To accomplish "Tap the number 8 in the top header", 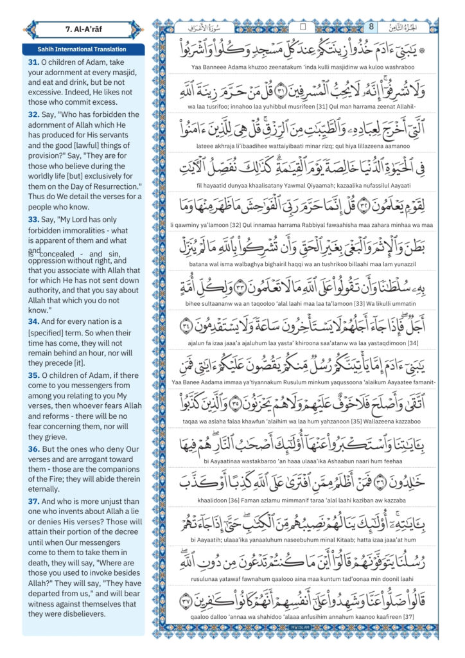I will [371, 26].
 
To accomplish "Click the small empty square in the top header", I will [303, 27].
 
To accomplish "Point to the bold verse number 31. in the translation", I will [33, 62].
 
